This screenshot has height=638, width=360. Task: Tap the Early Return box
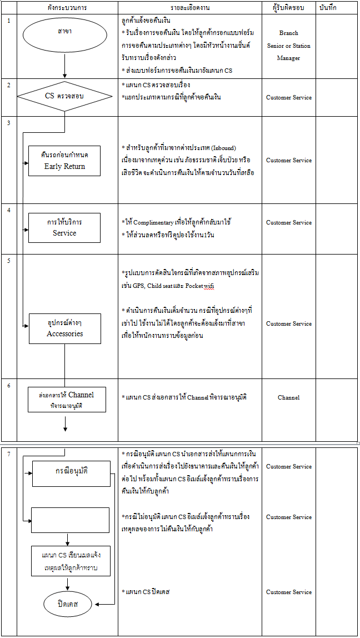pyautogui.click(x=64, y=161)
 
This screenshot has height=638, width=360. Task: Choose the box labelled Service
pyautogui.click(x=64, y=227)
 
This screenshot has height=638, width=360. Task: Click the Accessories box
pyautogui.click(x=64, y=328)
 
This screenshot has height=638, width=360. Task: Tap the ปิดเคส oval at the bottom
pyautogui.click(x=67, y=604)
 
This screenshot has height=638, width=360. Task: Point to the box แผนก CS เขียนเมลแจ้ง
pyautogui.click(x=71, y=561)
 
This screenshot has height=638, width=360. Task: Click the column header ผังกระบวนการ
pyautogui.click(x=67, y=8)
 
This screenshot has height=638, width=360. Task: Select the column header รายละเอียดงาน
pyautogui.click(x=189, y=8)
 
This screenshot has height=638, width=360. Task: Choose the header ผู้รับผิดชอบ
pyautogui.click(x=288, y=8)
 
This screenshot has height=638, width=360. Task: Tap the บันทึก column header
pyautogui.click(x=328, y=8)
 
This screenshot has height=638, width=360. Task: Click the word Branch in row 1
pyautogui.click(x=288, y=33)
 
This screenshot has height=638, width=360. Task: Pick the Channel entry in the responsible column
pyautogui.click(x=288, y=398)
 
